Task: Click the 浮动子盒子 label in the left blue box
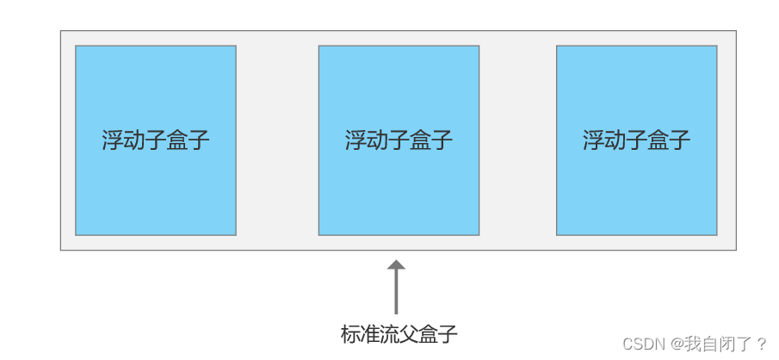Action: pos(156,140)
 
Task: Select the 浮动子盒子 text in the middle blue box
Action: pos(399,140)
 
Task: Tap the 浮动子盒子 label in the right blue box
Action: pos(636,140)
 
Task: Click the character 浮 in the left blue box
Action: pos(113,140)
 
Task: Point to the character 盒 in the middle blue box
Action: pos(421,140)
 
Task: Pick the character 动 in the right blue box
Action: pos(615,140)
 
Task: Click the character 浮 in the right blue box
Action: pos(593,140)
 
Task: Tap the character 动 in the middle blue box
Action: pos(377,140)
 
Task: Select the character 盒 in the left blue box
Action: pos(177,140)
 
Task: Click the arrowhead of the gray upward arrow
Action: pos(396,266)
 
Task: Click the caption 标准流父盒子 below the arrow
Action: pos(399,334)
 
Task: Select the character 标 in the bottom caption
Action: pos(351,334)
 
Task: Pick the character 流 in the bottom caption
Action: pos(390,334)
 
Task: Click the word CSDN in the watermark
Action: pos(641,344)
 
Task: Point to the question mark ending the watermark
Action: pos(762,344)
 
